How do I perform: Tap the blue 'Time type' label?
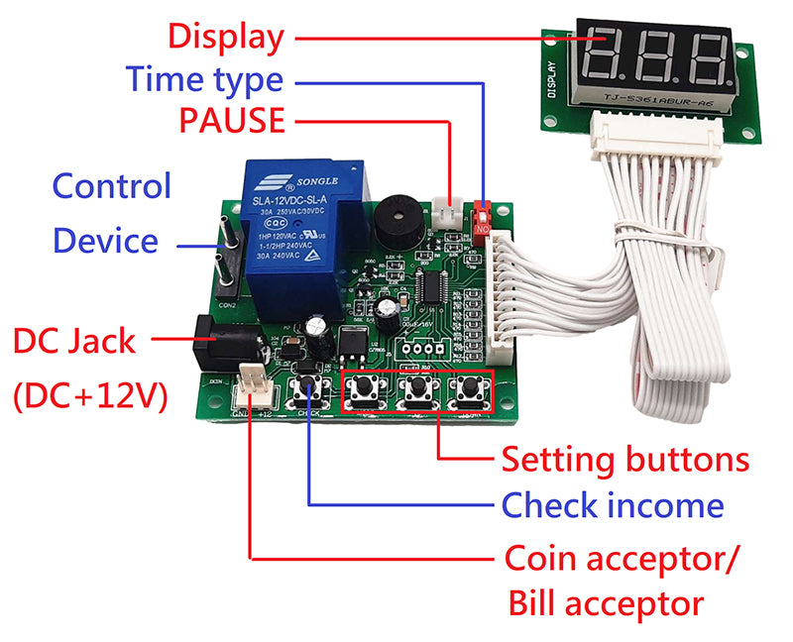(x=204, y=79)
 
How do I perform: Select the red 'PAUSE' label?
(x=232, y=121)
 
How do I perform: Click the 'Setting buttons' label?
(x=624, y=460)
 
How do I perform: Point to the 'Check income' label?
(x=613, y=506)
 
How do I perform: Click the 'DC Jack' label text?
(x=74, y=342)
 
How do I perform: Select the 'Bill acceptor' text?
(x=606, y=602)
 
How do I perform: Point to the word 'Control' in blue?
(x=111, y=185)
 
